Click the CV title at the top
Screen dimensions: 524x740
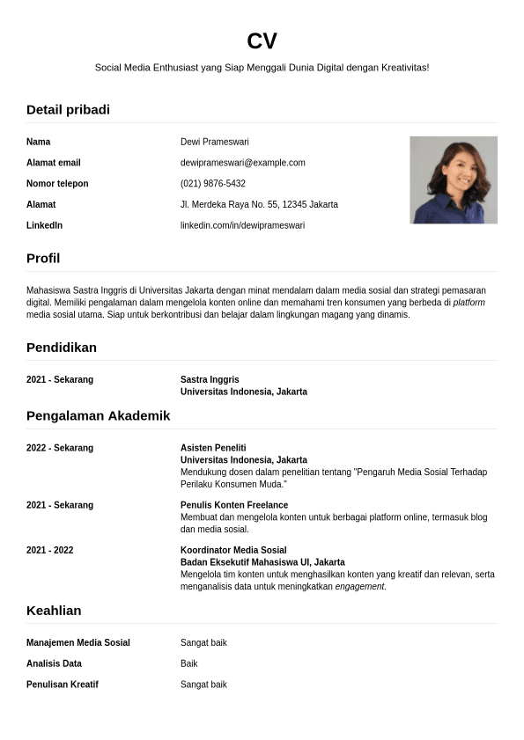coord(262,41)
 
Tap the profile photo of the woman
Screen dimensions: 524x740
coord(454,180)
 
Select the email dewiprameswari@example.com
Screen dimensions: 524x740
coord(242,163)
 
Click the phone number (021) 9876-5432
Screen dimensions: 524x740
coord(213,184)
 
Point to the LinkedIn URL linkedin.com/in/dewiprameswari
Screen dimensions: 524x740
coord(242,225)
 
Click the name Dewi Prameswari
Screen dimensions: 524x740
coord(215,142)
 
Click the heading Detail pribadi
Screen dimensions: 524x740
coord(68,110)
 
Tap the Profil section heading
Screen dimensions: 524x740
coord(43,259)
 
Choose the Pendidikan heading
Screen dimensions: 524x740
coord(62,348)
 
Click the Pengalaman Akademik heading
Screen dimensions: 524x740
coord(98,415)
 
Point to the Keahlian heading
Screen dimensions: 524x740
coord(54,611)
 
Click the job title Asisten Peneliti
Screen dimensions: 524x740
coord(213,448)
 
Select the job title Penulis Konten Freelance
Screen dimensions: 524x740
coord(234,505)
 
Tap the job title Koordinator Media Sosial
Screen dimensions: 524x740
coord(233,550)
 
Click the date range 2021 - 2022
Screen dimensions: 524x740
coord(50,550)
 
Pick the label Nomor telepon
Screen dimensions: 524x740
coord(57,184)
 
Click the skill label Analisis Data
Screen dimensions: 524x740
coord(54,663)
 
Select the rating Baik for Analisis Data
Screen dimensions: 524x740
coord(189,663)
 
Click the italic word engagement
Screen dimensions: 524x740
coord(359,587)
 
